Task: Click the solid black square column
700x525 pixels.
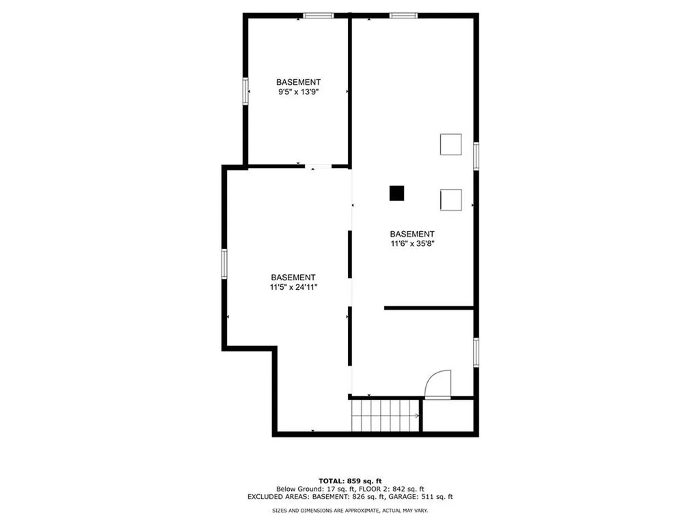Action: point(396,193)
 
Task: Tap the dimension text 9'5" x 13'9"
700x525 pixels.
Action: point(298,92)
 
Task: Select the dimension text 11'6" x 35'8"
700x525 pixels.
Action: point(412,244)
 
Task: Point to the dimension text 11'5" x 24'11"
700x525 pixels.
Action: point(293,287)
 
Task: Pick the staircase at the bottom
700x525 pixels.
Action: point(386,416)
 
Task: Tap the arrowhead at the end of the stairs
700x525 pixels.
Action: point(417,416)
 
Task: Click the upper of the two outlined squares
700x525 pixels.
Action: point(451,144)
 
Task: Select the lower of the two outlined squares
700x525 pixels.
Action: point(451,200)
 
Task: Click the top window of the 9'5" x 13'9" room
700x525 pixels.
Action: point(319,16)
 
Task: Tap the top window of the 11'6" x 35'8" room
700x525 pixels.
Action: point(403,16)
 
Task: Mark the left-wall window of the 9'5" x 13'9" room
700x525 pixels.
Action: point(245,92)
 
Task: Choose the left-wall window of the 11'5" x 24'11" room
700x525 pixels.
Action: point(224,264)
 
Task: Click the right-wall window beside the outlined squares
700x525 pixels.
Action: point(476,156)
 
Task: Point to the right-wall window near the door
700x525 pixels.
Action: point(476,352)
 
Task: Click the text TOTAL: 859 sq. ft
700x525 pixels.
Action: point(350,481)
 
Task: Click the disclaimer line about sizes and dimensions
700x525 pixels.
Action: point(350,510)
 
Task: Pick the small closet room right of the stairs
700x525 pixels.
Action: point(448,416)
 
